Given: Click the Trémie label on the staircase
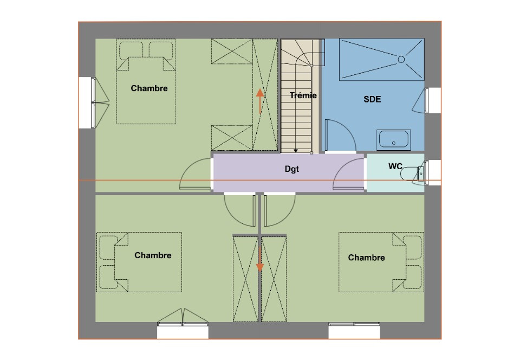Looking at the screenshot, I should tap(303, 95).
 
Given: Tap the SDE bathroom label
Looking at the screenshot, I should tap(372, 99).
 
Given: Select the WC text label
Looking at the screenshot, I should tap(395, 166).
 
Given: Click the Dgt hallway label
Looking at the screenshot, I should tap(292, 169).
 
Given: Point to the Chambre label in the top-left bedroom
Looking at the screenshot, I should tap(149, 88).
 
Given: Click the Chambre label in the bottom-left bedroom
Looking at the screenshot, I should tap(153, 255).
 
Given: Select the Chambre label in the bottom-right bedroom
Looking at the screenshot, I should tap(366, 258).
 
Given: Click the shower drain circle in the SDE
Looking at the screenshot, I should tap(401, 59).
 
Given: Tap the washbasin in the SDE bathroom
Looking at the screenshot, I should tap(394, 140).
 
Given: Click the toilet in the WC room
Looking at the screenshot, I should tap(417, 173).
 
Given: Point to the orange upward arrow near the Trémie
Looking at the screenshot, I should tap(259, 100).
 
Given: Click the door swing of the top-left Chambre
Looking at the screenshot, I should tap(195, 175).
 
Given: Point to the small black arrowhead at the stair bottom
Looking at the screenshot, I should tap(296, 151).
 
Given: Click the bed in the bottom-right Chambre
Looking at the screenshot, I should tap(379, 262).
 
